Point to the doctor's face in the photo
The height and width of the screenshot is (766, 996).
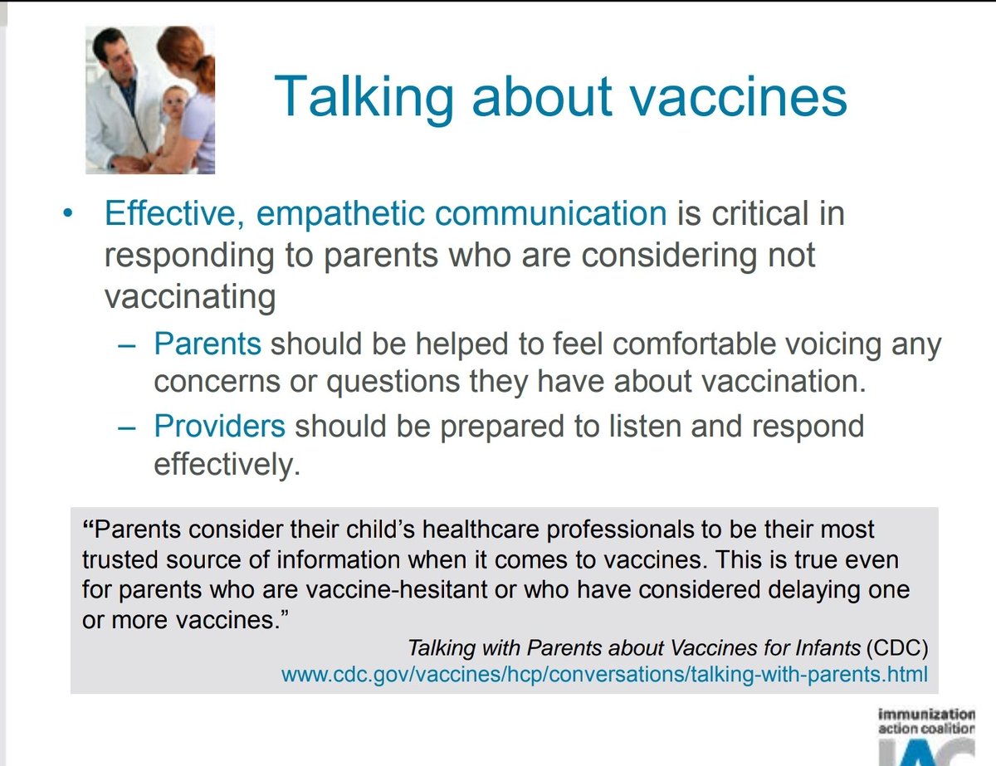115,62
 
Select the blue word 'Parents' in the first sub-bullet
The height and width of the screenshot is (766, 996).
207,344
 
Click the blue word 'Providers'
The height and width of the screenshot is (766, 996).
220,426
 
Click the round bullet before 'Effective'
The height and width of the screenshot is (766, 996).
68,214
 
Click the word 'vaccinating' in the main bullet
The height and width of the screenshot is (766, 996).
189,296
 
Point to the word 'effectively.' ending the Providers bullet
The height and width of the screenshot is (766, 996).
225,465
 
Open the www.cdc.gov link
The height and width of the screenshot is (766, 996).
604,674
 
